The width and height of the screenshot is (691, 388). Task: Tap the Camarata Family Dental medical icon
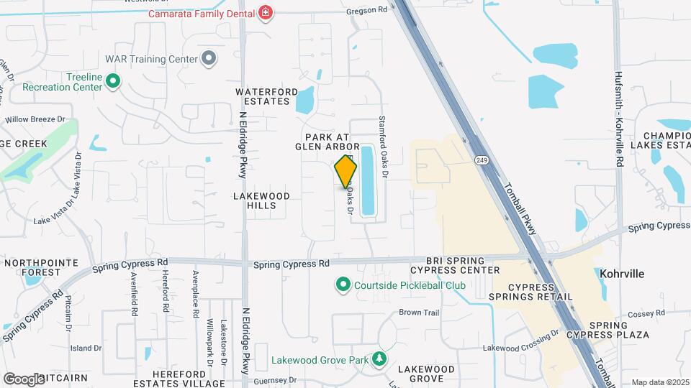[x=266, y=13]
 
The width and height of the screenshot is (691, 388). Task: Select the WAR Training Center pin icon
[x=209, y=58]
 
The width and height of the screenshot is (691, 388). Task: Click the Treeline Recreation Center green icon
[x=112, y=82]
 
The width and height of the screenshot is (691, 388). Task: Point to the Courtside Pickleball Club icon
[x=343, y=285]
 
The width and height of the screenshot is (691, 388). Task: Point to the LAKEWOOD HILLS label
[x=261, y=200]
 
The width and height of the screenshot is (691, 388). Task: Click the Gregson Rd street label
[x=366, y=10]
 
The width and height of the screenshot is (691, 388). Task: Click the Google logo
[x=24, y=379]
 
